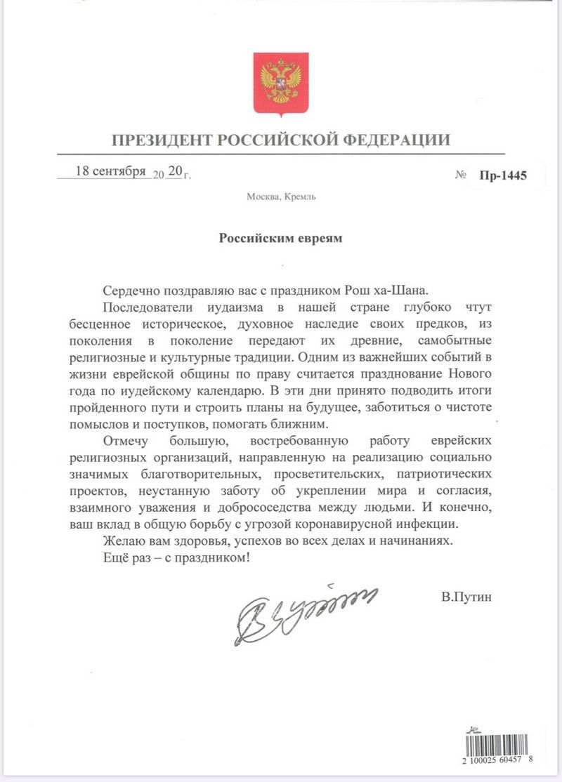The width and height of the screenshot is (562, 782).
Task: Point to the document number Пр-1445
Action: point(503,175)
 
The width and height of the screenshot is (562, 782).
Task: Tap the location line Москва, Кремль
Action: point(281,197)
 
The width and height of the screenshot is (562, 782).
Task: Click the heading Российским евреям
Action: point(280,238)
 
